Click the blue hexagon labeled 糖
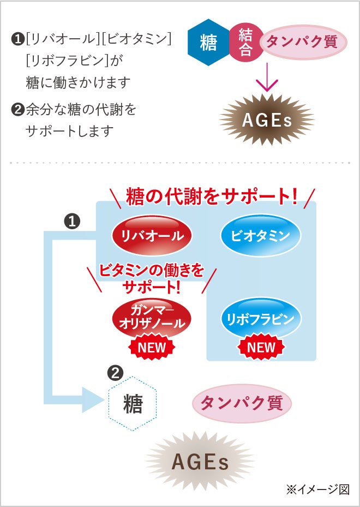pyautogui.click(x=208, y=43)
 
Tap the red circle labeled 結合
pyautogui.click(x=245, y=43)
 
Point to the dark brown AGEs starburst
pyautogui.click(x=267, y=120)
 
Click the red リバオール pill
pyautogui.click(x=152, y=236)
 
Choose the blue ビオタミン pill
pyautogui.click(x=260, y=236)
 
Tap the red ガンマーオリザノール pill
pyautogui.click(x=152, y=317)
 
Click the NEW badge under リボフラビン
pyautogui.click(x=261, y=347)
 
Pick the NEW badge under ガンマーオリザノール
pyautogui.click(x=151, y=347)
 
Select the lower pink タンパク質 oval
pyautogui.click(x=242, y=404)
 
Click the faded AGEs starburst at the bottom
pyautogui.click(x=200, y=462)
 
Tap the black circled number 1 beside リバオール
pyautogui.click(x=73, y=221)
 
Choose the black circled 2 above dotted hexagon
pyautogui.click(x=116, y=373)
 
